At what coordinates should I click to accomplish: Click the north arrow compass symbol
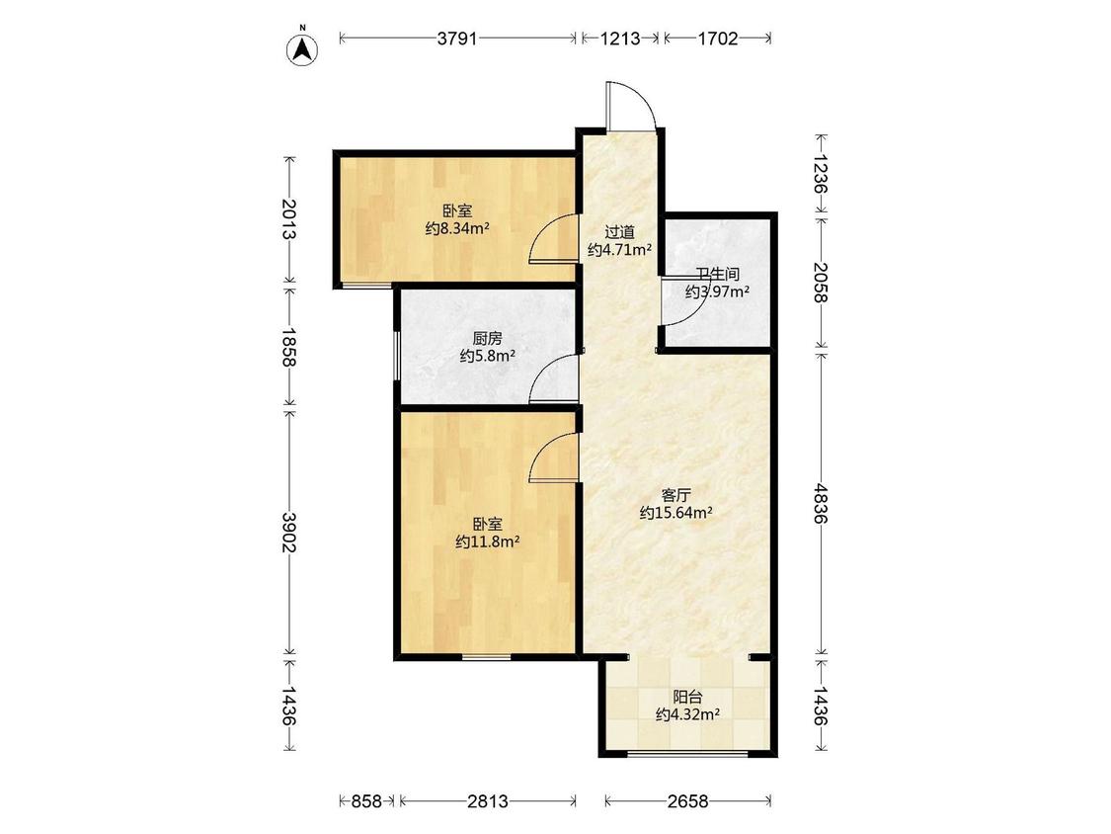[x=302, y=48]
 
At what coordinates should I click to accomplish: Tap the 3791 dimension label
[x=457, y=39]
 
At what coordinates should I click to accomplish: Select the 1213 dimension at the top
[x=621, y=39]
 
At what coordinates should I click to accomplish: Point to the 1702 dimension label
[x=719, y=39]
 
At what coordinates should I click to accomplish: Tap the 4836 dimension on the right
[x=821, y=504]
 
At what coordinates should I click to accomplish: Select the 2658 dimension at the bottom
[x=687, y=801]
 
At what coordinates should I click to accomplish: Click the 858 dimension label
[x=367, y=801]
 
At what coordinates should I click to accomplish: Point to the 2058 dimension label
[x=821, y=283]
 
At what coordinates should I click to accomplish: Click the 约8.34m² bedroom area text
[x=457, y=228]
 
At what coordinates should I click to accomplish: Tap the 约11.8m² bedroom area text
[x=488, y=542]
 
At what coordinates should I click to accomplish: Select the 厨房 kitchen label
[x=488, y=339]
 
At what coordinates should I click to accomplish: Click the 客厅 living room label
[x=675, y=495]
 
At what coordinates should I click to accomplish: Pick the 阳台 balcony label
[x=687, y=697]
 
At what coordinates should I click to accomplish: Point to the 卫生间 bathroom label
[x=717, y=274]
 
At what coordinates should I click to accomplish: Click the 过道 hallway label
[x=619, y=232]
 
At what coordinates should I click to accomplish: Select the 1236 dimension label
[x=821, y=174]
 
